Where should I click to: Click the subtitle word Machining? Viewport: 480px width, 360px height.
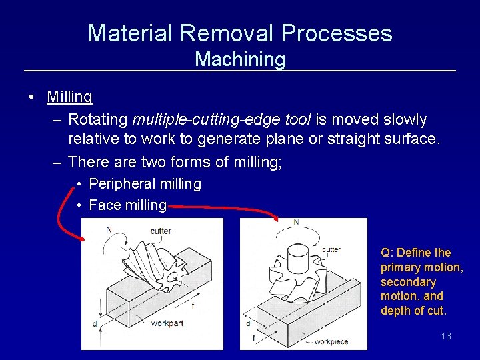pos(240,59)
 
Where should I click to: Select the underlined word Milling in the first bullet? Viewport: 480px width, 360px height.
pos(70,97)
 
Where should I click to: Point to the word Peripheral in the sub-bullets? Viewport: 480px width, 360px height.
pos(121,183)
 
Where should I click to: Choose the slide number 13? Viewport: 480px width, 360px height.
pos(446,336)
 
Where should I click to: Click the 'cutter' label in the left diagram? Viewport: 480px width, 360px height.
pos(160,231)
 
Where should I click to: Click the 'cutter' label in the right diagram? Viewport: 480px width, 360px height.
pos(331,249)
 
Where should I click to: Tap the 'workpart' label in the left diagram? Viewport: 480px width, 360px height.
pos(167,323)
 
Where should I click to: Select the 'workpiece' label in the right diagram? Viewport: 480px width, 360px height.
pos(331,341)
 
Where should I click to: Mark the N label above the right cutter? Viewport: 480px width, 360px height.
pos(296,222)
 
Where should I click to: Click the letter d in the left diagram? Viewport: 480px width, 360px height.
pos(95,324)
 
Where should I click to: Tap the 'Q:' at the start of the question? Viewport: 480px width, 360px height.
pos(387,253)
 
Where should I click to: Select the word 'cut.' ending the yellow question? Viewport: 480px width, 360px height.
pos(436,311)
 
